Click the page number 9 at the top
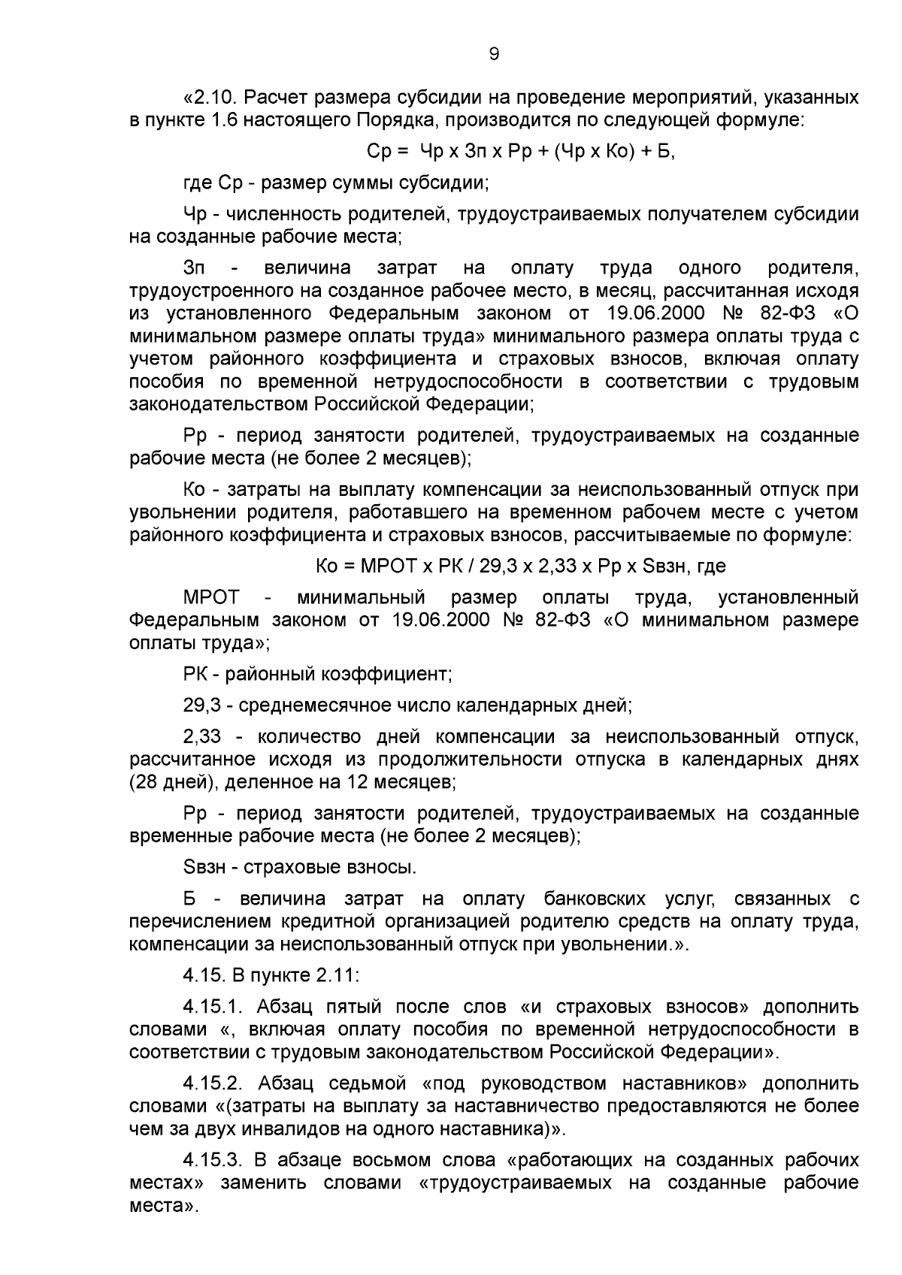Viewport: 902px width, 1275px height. tap(494, 54)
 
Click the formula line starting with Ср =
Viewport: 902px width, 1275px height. tap(520, 152)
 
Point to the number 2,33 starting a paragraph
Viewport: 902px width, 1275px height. tap(201, 736)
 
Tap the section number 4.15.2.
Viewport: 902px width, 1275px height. tap(215, 1084)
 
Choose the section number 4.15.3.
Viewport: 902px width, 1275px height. tap(215, 1161)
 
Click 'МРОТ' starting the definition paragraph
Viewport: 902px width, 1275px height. tap(211, 598)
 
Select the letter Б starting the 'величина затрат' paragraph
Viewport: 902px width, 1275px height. tap(189, 899)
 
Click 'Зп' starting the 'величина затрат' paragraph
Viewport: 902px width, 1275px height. tap(194, 268)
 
